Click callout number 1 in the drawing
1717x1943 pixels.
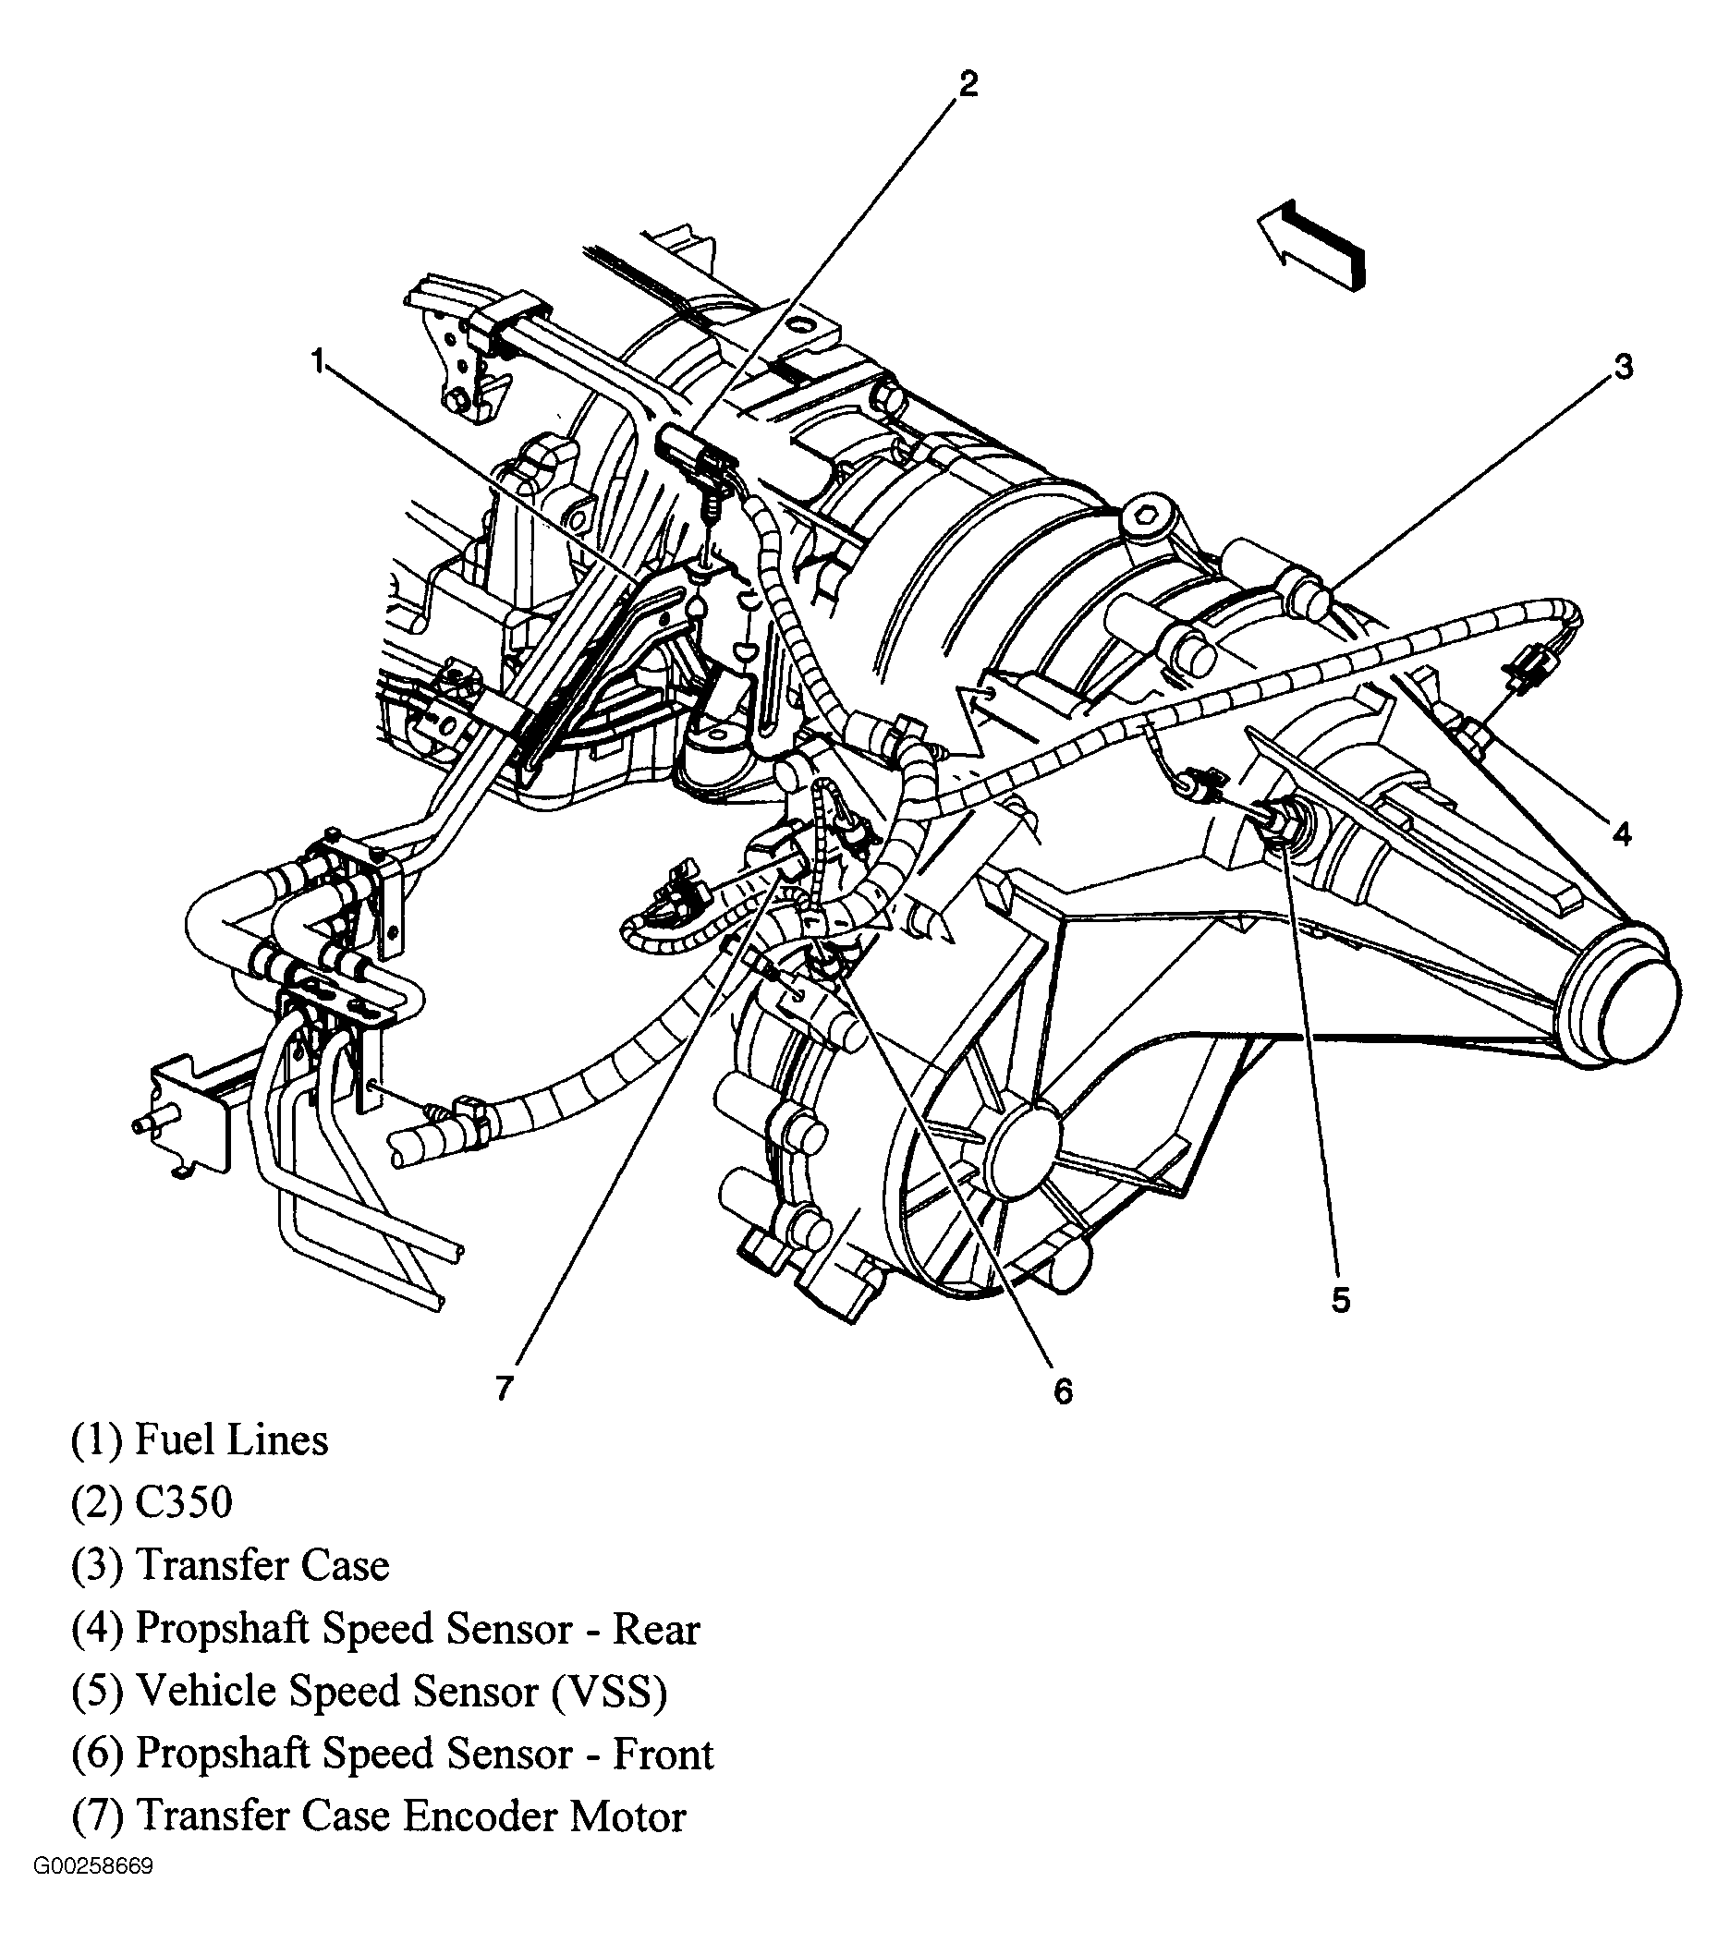tap(317, 361)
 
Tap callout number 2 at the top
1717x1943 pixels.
tap(967, 85)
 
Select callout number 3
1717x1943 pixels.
tap(1623, 366)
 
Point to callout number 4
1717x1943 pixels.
tap(1622, 833)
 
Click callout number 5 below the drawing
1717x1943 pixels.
tap(1341, 1299)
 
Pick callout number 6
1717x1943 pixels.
tap(1063, 1390)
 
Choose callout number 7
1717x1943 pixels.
tap(504, 1387)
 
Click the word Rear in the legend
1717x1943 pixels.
tap(656, 1628)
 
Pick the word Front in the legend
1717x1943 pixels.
tap(663, 1754)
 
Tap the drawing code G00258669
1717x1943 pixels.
tap(93, 1892)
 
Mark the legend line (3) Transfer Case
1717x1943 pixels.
tap(231, 1566)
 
